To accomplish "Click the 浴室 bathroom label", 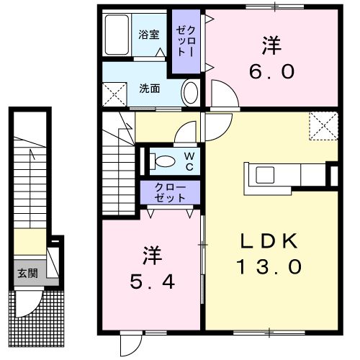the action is tap(149, 35).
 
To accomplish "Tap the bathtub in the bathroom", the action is tap(117, 35).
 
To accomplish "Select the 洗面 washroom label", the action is tap(150, 89).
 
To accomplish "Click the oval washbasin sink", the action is tap(191, 93).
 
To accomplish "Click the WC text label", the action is tap(189, 161).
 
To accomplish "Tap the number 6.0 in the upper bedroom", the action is tap(271, 71).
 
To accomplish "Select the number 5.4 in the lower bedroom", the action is tap(152, 282).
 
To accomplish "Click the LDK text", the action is tap(269, 240).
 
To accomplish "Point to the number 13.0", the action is tap(269, 267).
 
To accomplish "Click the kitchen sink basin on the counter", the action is tap(265, 175).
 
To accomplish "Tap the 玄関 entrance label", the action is tap(28, 273).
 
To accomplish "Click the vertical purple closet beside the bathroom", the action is tap(186, 41).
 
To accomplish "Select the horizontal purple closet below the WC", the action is tap(170, 192).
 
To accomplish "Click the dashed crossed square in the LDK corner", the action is tap(323, 126).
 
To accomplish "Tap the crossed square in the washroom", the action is tap(114, 94).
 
